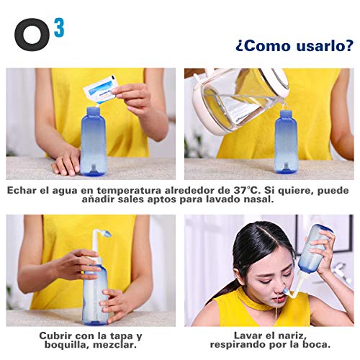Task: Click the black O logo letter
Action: (x=33, y=33)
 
